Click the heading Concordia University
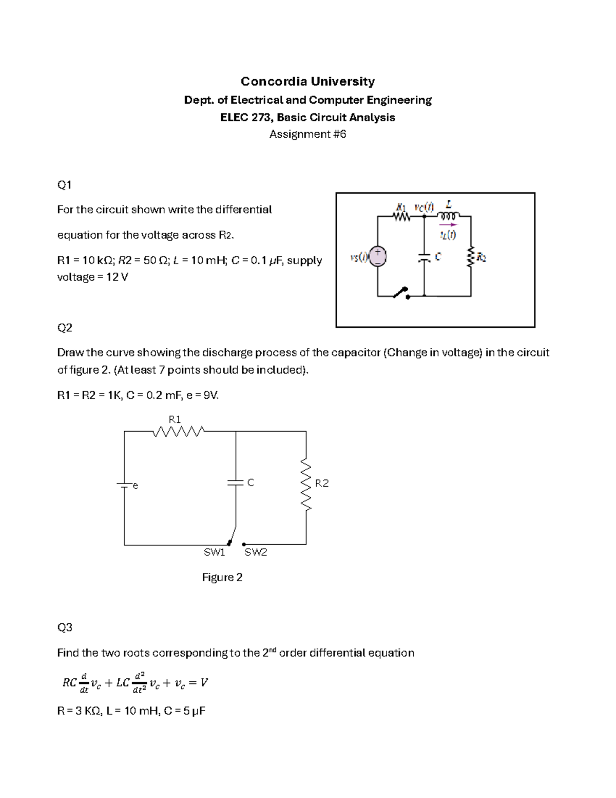click(x=307, y=81)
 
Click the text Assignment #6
click(x=307, y=134)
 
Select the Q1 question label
click(x=64, y=185)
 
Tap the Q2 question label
click(x=65, y=328)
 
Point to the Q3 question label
click(x=65, y=627)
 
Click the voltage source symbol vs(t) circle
click(x=378, y=256)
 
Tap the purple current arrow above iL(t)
click(x=448, y=225)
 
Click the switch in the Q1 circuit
click(x=401, y=293)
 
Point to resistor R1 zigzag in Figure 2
click(x=178, y=431)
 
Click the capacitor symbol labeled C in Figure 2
click(x=236, y=482)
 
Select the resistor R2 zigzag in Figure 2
click(x=306, y=485)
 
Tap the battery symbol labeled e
click(x=124, y=484)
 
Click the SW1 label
click(x=214, y=552)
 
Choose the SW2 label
click(x=256, y=552)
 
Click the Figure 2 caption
click(x=222, y=578)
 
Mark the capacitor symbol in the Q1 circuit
click(x=424, y=256)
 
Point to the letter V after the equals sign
click(x=204, y=682)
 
